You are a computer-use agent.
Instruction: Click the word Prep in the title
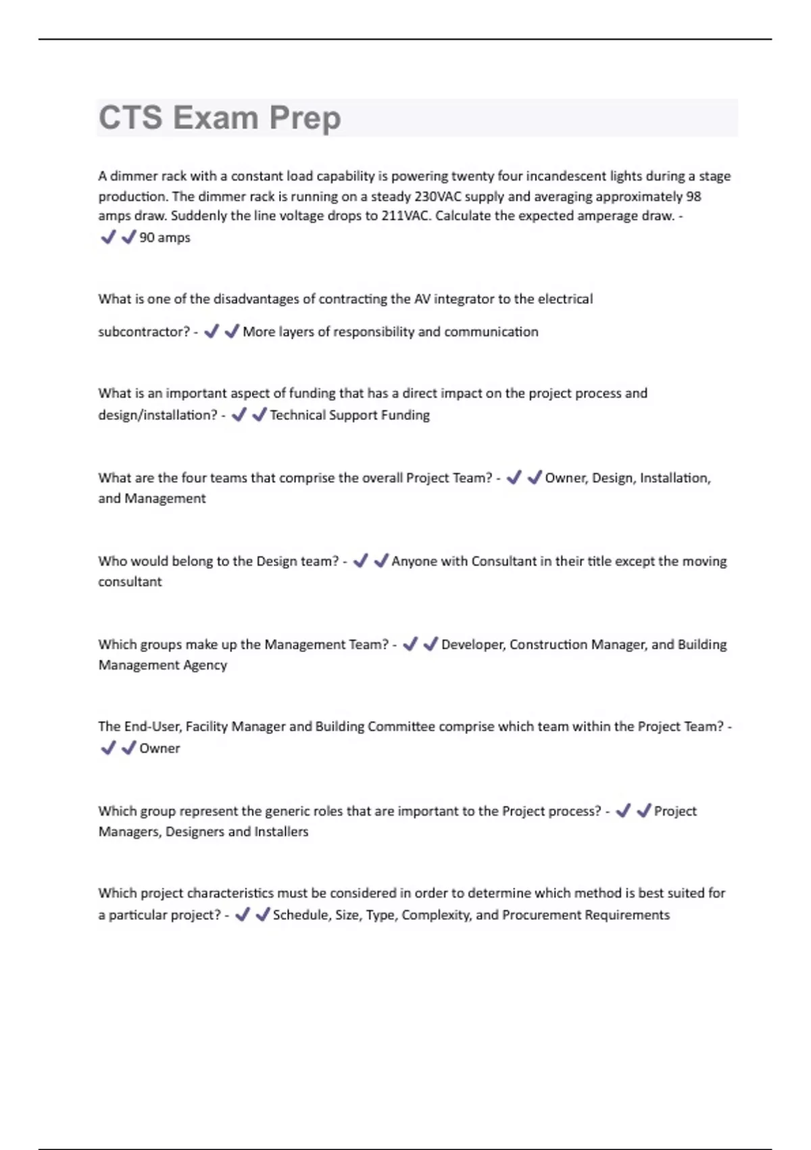(x=305, y=118)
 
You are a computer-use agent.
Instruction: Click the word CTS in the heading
(x=130, y=118)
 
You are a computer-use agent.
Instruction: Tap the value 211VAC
(x=405, y=216)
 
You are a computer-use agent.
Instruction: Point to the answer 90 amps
(x=164, y=237)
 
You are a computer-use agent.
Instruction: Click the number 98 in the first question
(x=693, y=196)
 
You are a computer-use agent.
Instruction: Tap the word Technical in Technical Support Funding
(x=297, y=415)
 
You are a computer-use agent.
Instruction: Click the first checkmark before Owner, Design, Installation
(x=514, y=478)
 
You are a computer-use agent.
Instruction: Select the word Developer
(x=473, y=644)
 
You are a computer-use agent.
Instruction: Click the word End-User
(x=152, y=727)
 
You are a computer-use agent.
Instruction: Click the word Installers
(x=281, y=831)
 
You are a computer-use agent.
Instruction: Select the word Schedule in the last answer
(x=301, y=915)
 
